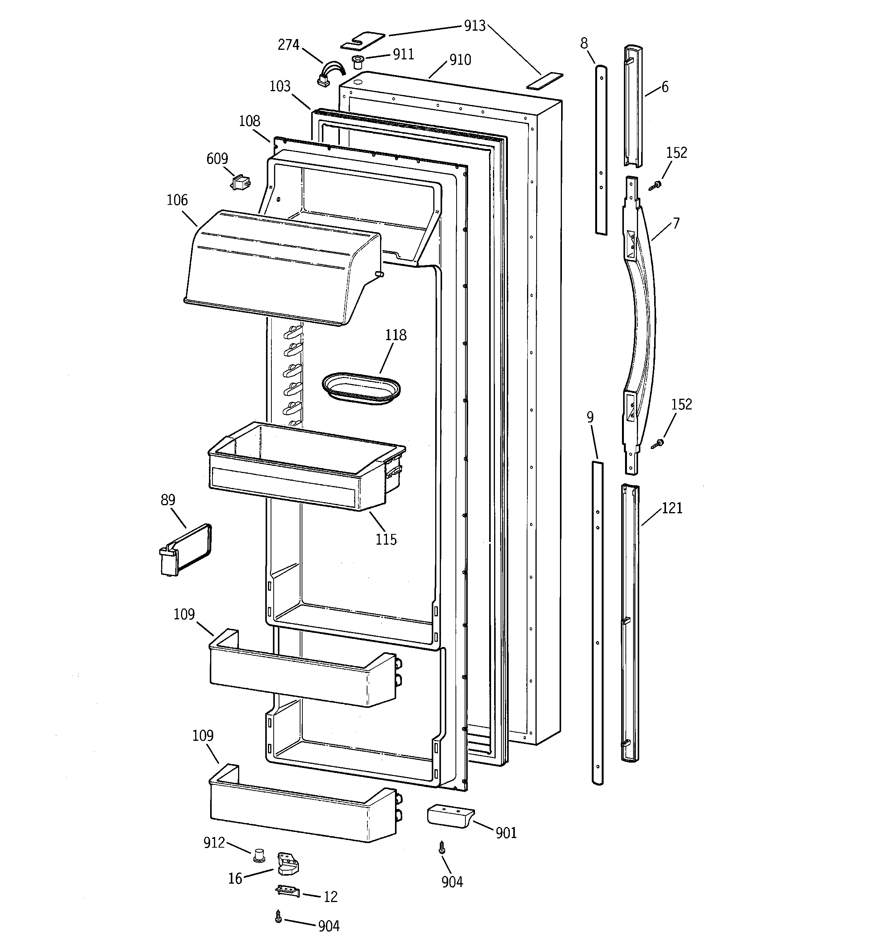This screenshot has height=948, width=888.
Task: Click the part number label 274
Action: pyautogui.click(x=288, y=45)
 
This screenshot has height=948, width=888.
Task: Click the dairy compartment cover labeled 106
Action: pyautogui.click(x=281, y=267)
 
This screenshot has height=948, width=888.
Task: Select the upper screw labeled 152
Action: pyautogui.click(x=657, y=185)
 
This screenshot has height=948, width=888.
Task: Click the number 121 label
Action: pyautogui.click(x=672, y=508)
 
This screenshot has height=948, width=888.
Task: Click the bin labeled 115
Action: pyautogui.click(x=305, y=470)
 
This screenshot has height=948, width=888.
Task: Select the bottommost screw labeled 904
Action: pyautogui.click(x=278, y=916)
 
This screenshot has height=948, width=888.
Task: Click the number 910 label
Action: pyautogui.click(x=460, y=60)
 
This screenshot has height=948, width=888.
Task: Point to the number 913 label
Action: pyautogui.click(x=475, y=26)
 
